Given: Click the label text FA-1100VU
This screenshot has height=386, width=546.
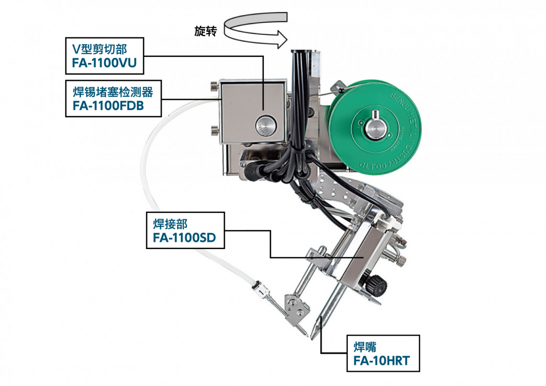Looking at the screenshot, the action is pyautogui.click(x=104, y=63).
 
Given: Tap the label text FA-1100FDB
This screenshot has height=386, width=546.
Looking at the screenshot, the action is pyautogui.click(x=108, y=106).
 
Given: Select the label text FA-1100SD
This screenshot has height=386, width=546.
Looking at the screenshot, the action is pyautogui.click(x=184, y=238).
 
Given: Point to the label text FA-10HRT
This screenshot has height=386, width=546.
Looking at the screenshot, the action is pyautogui.click(x=382, y=361).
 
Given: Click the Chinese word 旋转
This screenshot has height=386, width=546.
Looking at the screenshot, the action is pyautogui.click(x=205, y=31).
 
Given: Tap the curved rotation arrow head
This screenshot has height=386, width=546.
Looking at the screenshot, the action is pyautogui.click(x=281, y=39).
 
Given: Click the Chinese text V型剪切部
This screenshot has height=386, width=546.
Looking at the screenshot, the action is pyautogui.click(x=100, y=49).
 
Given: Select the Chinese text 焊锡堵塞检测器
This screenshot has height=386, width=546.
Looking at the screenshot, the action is pyautogui.click(x=113, y=92).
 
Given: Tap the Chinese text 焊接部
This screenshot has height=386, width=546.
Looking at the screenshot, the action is pyautogui.click(x=171, y=224).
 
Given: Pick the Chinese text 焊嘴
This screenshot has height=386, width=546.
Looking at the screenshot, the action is pyautogui.click(x=365, y=347).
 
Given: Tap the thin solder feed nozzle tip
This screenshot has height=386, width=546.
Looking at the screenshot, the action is pyautogui.click(x=307, y=335).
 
